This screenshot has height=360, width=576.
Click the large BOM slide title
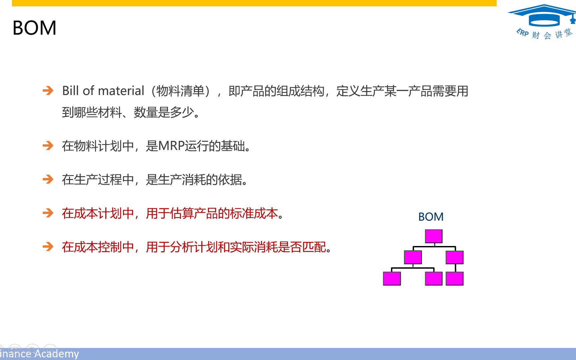click(x=34, y=28)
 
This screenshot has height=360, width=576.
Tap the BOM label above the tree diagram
click(x=431, y=217)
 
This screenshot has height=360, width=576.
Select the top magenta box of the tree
click(x=434, y=236)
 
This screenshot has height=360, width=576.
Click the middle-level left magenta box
click(x=413, y=257)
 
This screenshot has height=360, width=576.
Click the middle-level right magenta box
click(x=455, y=257)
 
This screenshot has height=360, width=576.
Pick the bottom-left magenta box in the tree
click(x=392, y=279)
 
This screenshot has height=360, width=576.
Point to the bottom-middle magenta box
click(x=434, y=279)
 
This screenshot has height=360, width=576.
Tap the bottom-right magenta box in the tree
click(x=455, y=279)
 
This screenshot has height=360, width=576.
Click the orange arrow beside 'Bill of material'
click(x=48, y=90)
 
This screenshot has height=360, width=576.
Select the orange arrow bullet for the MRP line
click(x=48, y=145)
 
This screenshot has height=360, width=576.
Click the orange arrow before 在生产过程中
click(x=48, y=179)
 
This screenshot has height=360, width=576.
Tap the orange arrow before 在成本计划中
click(x=48, y=213)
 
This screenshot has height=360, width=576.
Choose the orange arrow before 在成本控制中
click(x=48, y=247)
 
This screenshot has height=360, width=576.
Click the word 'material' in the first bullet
click(x=121, y=91)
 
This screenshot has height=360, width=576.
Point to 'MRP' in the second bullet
click(x=172, y=146)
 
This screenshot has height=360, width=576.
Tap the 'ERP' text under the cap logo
click(x=523, y=33)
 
